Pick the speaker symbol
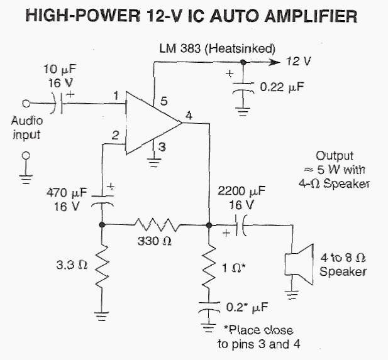pyautogui.click(x=298, y=264)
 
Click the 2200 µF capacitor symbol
pyautogui.click(x=240, y=224)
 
